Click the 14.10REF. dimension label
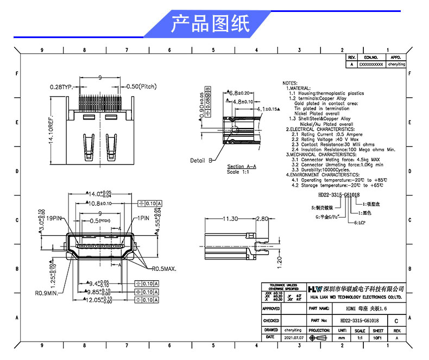[x=51, y=132]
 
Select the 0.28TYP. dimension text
[x=61, y=87]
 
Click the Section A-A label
[x=242, y=167]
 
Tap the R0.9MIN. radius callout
[x=47, y=293]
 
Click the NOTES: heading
[x=291, y=83]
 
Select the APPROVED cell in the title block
[x=271, y=308]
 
